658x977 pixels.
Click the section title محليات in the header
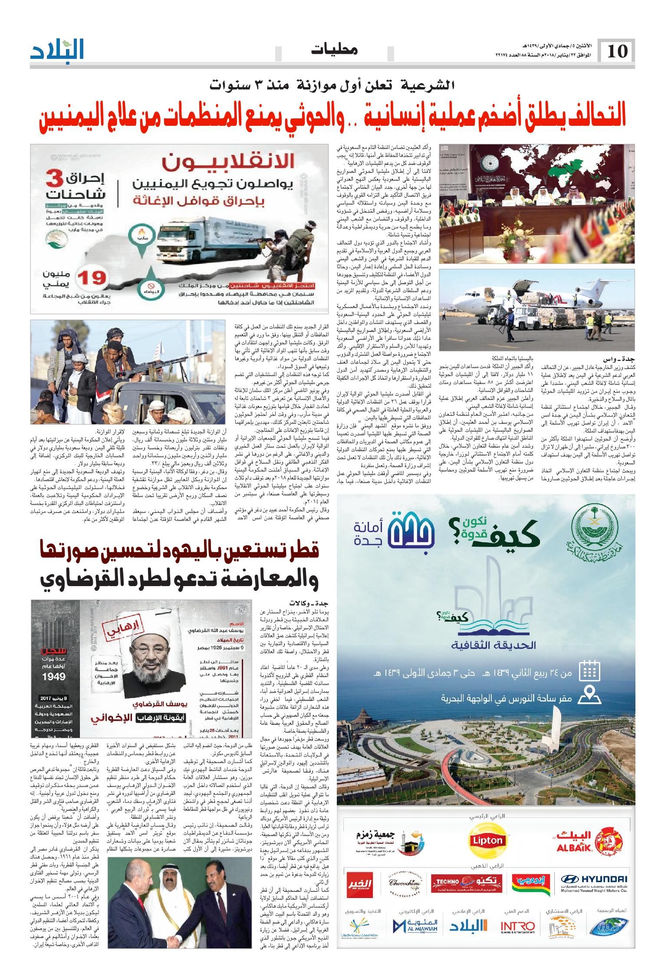(335, 51)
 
